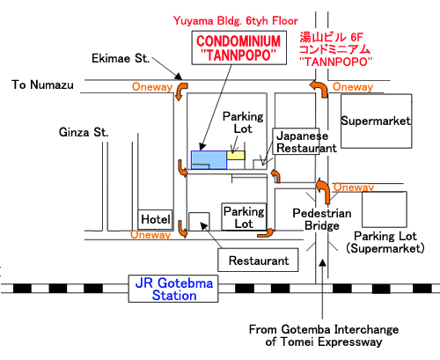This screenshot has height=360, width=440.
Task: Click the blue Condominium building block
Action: (209, 160)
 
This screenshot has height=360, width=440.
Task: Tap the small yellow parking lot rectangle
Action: (236, 155)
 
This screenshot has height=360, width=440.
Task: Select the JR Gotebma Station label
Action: (173, 289)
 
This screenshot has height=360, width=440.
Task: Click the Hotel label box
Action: (155, 219)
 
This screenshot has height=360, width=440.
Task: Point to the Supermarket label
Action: (376, 121)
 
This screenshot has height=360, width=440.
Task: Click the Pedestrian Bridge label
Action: (322, 219)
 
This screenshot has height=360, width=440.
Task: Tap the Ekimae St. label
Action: (121, 58)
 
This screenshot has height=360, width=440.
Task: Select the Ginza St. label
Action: (84, 132)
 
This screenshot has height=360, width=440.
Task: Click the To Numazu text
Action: (42, 84)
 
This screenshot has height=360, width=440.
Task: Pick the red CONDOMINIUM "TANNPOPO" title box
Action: (238, 48)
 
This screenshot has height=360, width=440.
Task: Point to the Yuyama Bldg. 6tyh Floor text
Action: (236, 20)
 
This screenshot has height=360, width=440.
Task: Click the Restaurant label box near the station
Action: (258, 261)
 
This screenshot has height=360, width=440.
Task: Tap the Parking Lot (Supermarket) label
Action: (385, 242)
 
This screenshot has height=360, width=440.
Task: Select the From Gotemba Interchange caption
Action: (324, 335)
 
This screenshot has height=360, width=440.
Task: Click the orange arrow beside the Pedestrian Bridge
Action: (324, 191)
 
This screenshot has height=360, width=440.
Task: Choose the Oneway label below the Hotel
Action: (150, 234)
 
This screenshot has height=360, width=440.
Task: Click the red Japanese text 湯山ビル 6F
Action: (331, 37)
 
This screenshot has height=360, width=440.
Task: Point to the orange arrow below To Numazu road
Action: (181, 91)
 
